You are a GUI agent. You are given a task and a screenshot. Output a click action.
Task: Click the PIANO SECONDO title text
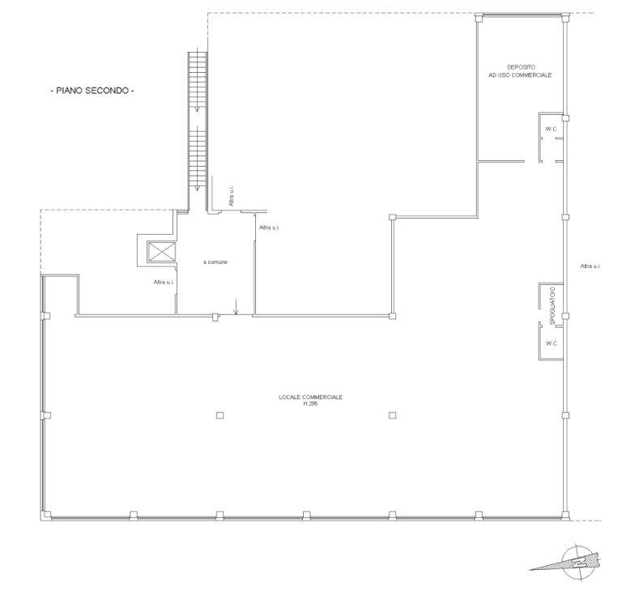point(92,91)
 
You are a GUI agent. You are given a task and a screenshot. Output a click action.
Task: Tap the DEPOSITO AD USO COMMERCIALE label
point(520,71)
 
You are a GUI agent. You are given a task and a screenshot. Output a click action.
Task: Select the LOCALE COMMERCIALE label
point(311,397)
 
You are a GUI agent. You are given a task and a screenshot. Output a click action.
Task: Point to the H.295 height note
point(311,404)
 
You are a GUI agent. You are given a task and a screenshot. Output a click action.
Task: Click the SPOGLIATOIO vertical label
point(552,306)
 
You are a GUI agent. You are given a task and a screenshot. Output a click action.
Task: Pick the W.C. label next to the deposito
point(552,129)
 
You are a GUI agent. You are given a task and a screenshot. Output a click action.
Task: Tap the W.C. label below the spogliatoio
point(552,343)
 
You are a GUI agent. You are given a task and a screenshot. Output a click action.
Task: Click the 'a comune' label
point(215,262)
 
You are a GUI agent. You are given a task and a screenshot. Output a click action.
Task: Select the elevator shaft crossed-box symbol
point(162,252)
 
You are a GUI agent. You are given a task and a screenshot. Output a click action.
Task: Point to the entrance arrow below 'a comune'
point(236,307)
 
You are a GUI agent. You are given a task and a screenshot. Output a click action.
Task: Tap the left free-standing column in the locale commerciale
point(219,415)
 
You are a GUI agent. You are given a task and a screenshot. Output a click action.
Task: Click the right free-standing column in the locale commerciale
point(392,415)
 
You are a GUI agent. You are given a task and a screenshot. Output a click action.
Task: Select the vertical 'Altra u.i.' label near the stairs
point(232,196)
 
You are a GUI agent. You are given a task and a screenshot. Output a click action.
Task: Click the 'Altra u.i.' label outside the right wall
point(590,266)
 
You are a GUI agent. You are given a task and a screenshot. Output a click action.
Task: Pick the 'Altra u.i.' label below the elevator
point(164,283)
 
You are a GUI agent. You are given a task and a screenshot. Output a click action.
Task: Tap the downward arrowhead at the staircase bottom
point(197,189)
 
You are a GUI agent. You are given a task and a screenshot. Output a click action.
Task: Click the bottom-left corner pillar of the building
point(46,516)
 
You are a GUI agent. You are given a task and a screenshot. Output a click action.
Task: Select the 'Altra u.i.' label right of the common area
point(270,227)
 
